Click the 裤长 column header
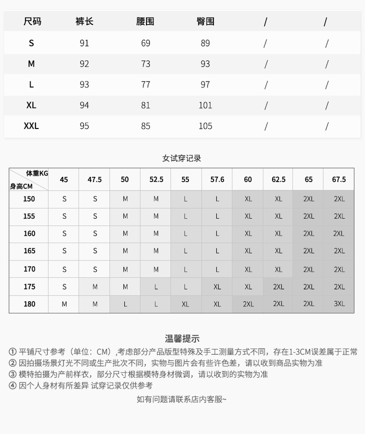tap(84, 21)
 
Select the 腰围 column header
tap(145, 21)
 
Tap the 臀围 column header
tap(205, 21)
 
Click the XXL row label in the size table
tap(31, 126)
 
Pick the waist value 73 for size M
tap(145, 64)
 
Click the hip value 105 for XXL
tap(205, 126)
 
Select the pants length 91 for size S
tap(84, 43)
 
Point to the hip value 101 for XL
tap(205, 105)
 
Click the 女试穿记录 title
tap(181, 158)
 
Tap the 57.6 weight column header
tap(217, 179)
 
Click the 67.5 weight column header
tap(338, 179)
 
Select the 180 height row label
tap(29, 304)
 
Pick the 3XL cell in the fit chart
tap(339, 304)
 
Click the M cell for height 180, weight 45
tap(64, 304)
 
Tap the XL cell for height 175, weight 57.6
tap(217, 286)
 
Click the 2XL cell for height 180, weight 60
tap(248, 304)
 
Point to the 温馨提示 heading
tap(182, 338)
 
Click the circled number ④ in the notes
tap(12, 385)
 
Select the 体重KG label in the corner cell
tap(37, 173)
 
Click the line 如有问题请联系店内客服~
tap(181, 399)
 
